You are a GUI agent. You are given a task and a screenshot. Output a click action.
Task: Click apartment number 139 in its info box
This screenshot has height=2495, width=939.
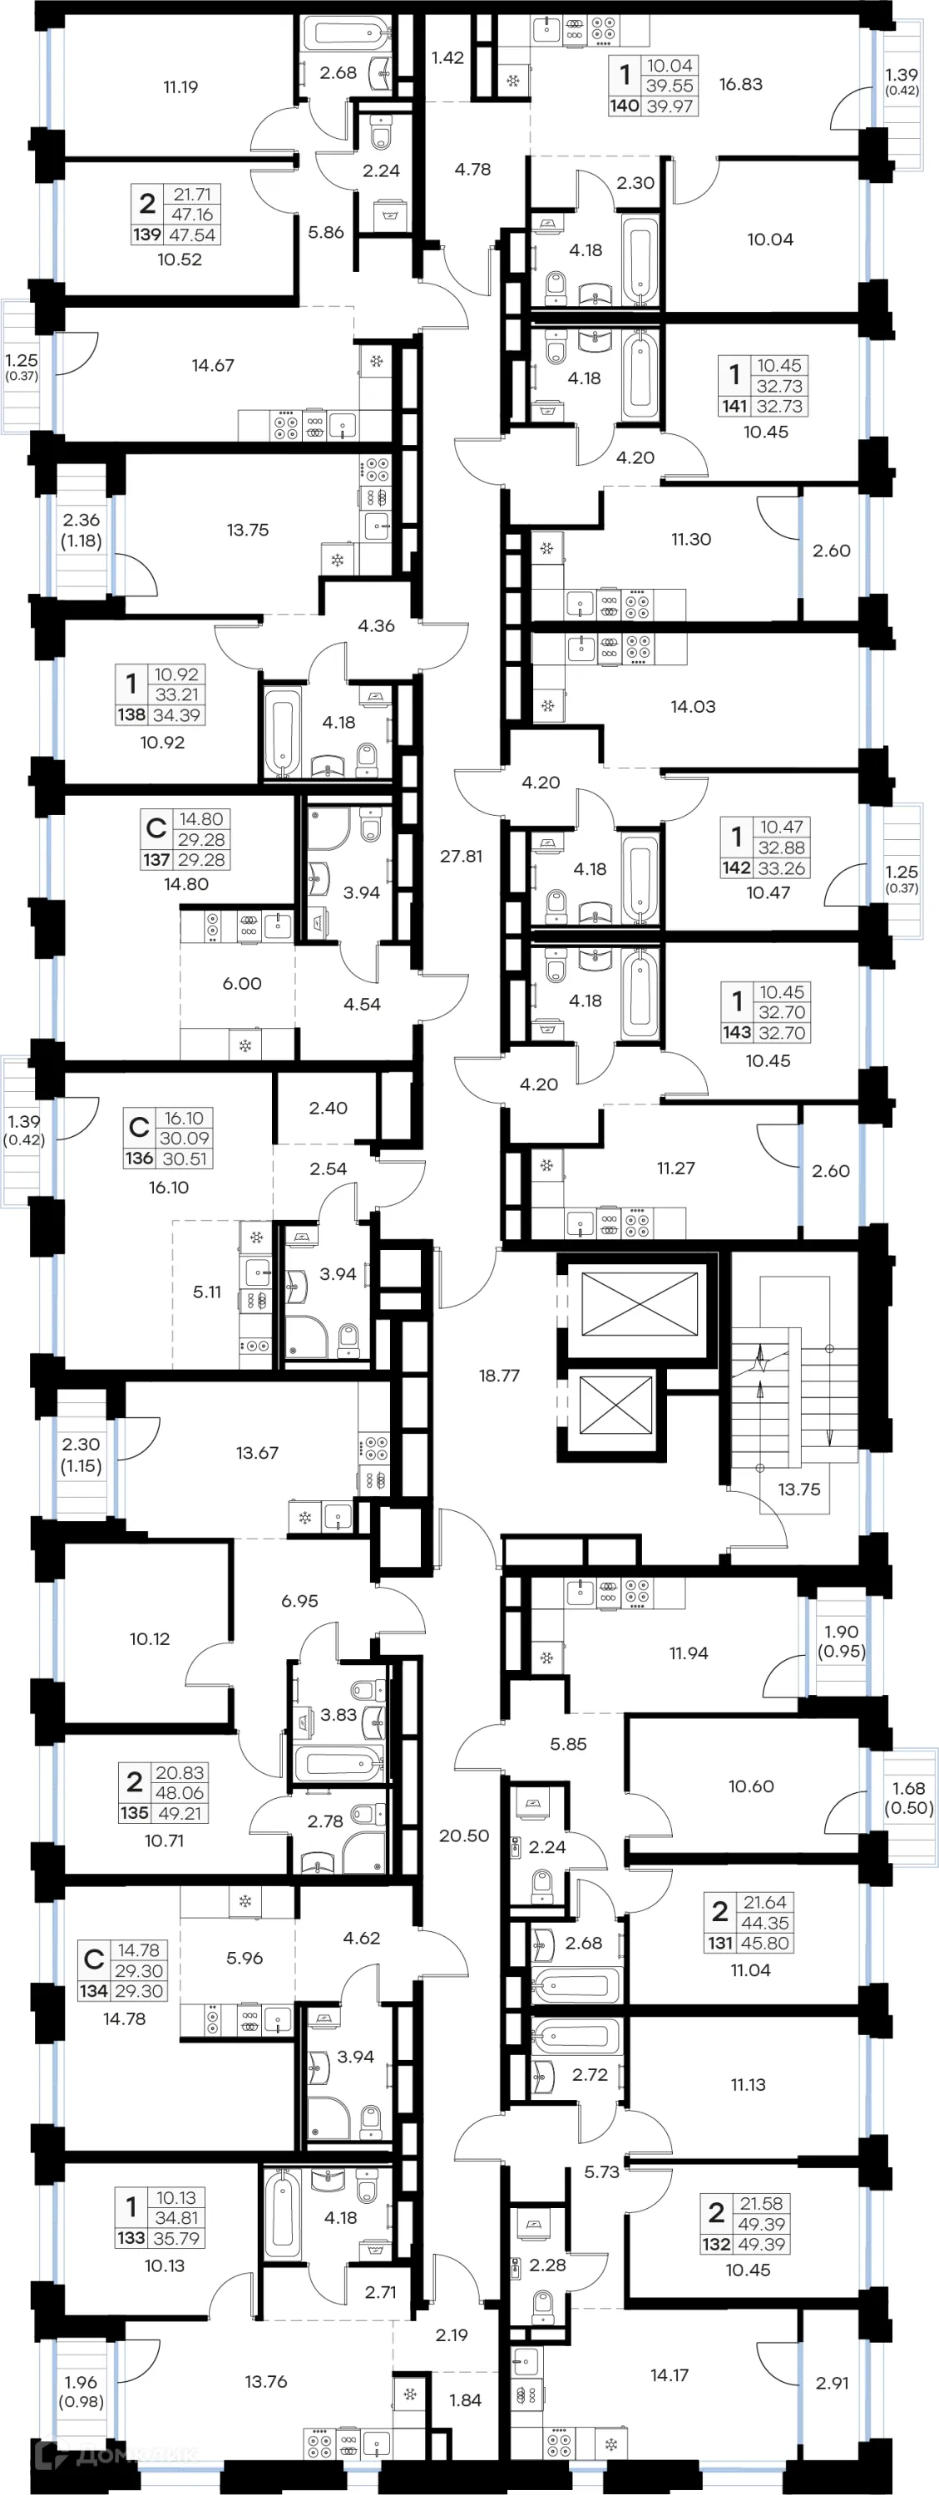(147, 235)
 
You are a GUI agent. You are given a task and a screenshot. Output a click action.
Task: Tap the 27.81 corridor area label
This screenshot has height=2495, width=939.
(462, 857)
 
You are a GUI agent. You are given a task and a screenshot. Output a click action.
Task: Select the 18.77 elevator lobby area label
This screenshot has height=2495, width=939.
(499, 1376)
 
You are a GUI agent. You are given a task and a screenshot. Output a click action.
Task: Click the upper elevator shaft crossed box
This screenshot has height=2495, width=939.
(640, 1302)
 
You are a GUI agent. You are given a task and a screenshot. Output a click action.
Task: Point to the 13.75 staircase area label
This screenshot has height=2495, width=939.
(798, 1490)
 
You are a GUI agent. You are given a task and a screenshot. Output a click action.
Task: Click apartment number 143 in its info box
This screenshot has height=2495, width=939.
(736, 1032)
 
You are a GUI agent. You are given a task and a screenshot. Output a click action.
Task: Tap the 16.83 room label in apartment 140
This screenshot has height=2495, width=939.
(740, 84)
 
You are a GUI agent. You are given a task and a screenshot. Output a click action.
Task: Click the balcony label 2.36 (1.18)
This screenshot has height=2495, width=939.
(82, 530)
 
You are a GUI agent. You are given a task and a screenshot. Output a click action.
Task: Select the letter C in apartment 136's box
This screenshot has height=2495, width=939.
(139, 1128)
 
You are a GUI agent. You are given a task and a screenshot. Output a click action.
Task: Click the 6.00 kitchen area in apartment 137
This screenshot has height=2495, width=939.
(242, 983)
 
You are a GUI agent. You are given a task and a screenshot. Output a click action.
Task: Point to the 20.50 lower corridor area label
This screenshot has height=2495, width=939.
(464, 1835)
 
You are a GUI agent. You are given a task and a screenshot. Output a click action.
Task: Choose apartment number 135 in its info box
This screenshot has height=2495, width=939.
(135, 1813)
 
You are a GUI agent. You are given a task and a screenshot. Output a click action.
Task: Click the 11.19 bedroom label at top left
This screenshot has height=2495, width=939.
(180, 87)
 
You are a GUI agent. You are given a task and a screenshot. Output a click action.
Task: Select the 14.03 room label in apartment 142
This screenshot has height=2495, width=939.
(693, 707)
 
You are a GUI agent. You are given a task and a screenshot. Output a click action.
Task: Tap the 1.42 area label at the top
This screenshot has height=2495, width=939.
(447, 58)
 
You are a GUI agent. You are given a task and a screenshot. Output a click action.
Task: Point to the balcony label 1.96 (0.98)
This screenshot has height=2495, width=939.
(82, 2391)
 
